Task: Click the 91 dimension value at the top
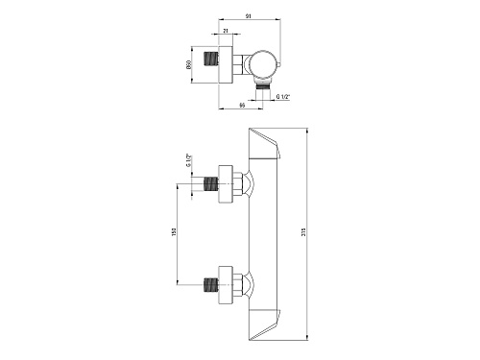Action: click(249, 15)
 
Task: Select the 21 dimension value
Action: click(226, 31)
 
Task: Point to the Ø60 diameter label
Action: click(188, 64)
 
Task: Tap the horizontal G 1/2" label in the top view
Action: click(283, 96)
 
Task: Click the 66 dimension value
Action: click(242, 105)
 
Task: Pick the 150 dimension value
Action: click(174, 232)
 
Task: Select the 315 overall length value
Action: click(303, 232)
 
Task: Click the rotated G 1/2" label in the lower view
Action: click(188, 160)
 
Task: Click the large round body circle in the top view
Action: click(264, 64)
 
